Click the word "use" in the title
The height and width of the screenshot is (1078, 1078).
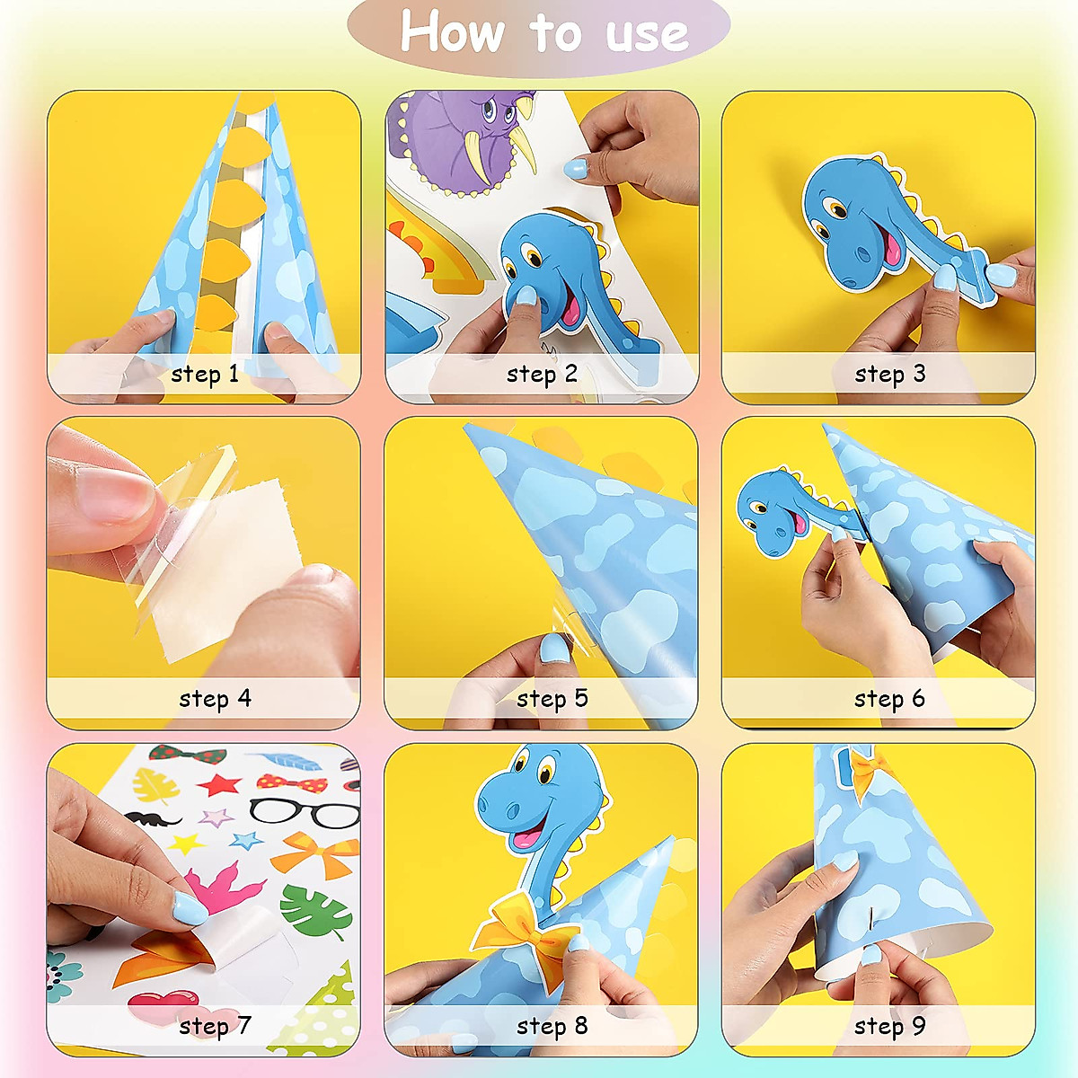point(646,34)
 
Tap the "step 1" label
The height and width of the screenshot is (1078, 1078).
point(205,374)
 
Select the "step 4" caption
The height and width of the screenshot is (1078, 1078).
point(215,698)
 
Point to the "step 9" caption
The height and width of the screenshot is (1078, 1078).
point(889,1026)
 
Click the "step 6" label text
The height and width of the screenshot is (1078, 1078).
point(889,698)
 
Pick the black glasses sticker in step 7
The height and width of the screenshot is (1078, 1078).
point(305,814)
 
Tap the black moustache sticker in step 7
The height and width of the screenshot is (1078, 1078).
point(152,818)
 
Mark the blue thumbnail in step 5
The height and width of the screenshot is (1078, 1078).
point(553,648)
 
